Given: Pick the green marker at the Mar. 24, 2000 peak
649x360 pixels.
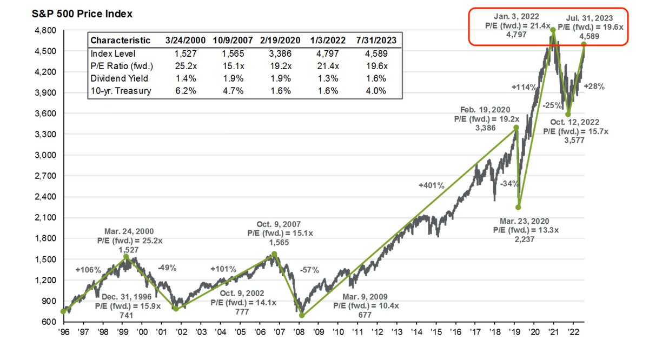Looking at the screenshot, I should pyautogui.click(x=126, y=257).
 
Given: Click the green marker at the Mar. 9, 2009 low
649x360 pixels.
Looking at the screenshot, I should pyautogui.click(x=302, y=315).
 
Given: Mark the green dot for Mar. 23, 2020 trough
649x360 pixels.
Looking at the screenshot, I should pyautogui.click(x=518, y=207).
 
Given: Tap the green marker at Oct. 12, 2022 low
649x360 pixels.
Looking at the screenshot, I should pyautogui.click(x=568, y=114).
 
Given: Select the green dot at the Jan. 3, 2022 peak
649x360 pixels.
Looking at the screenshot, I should pyautogui.click(x=553, y=30).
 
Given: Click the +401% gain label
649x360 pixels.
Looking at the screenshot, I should pyautogui.click(x=431, y=185).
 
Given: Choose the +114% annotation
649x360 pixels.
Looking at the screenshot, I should pyautogui.click(x=522, y=87).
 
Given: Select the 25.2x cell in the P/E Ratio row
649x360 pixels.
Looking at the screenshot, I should pyautogui.click(x=178, y=65).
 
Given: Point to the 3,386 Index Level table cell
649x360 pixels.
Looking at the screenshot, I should pyautogui.click(x=277, y=53).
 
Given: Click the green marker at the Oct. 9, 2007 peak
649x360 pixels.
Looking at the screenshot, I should pyautogui.click(x=274, y=254).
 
